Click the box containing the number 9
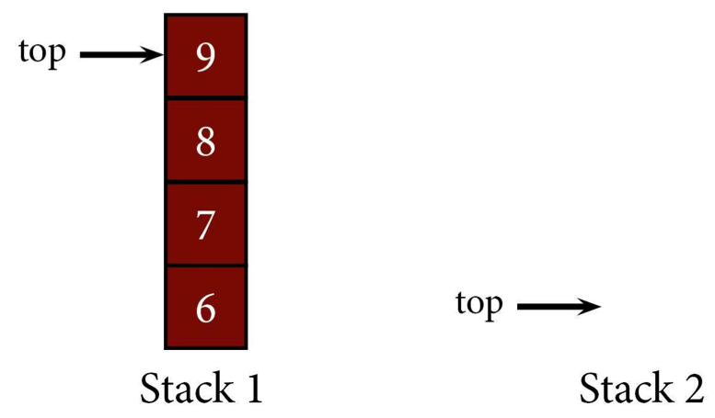(x=206, y=55)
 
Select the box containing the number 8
(x=206, y=141)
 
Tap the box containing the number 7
(x=206, y=224)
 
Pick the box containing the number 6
(x=206, y=308)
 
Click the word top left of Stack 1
(x=42, y=52)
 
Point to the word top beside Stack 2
(x=479, y=305)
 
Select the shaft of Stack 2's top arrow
(x=548, y=307)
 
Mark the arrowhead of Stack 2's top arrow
(x=590, y=307)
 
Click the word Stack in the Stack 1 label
(x=187, y=388)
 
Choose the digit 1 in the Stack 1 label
(x=254, y=388)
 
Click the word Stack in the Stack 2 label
(x=627, y=388)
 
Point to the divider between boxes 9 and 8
(x=206, y=98)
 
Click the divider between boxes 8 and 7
(x=206, y=182)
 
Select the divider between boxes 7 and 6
(x=206, y=265)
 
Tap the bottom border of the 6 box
(x=206, y=348)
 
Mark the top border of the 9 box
(x=206, y=15)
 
